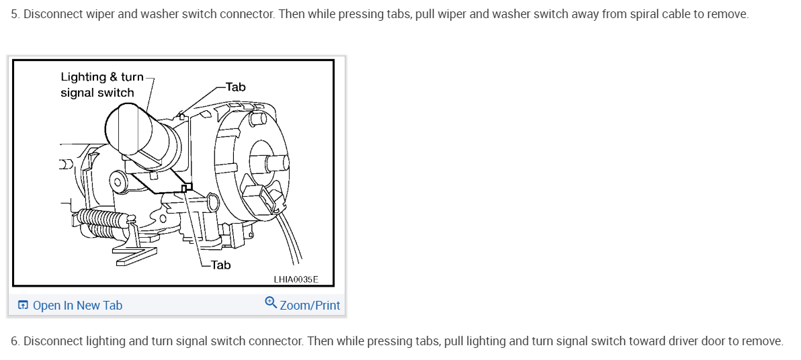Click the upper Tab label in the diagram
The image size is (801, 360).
[x=236, y=87]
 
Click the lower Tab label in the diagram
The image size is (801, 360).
[x=220, y=265]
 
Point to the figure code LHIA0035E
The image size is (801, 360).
[x=296, y=279]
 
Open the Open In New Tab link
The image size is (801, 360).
[x=77, y=306]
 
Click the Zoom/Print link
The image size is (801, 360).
[x=310, y=306]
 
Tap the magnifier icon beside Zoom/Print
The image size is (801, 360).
[x=271, y=303]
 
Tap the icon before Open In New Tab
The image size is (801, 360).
[x=23, y=306]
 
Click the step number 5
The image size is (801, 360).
[x=15, y=14]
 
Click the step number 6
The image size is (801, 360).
[x=15, y=341]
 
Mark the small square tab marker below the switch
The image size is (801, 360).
[x=184, y=189]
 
